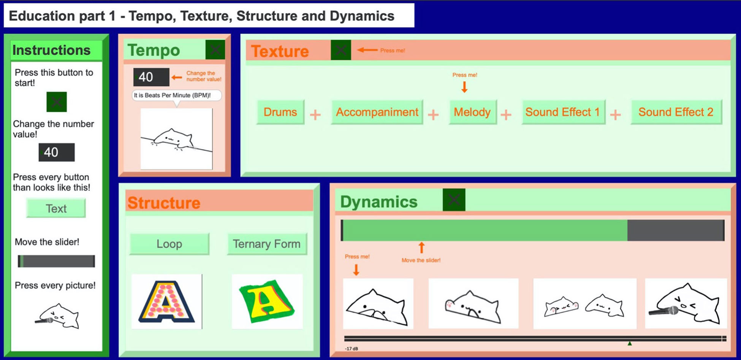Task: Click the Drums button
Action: pyautogui.click(x=280, y=112)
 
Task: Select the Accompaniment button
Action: pyautogui.click(x=377, y=112)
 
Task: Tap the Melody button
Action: pyautogui.click(x=472, y=112)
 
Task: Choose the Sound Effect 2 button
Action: pyautogui.click(x=676, y=112)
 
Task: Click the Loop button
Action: pyautogui.click(x=169, y=244)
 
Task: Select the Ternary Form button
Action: pyautogui.click(x=267, y=244)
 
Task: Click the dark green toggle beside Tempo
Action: pyautogui.click(x=215, y=50)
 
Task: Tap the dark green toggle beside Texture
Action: pyautogui.click(x=340, y=50)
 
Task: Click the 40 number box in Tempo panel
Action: pyautogui.click(x=151, y=77)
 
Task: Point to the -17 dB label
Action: pyautogui.click(x=351, y=349)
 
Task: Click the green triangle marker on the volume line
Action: pyautogui.click(x=630, y=344)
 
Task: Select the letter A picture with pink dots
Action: pyautogui.click(x=166, y=301)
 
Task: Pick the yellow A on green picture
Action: pyautogui.click(x=267, y=301)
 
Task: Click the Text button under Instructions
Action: pyautogui.click(x=56, y=208)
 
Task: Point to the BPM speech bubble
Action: pyautogui.click(x=176, y=95)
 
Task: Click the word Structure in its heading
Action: pyautogui.click(x=164, y=203)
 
